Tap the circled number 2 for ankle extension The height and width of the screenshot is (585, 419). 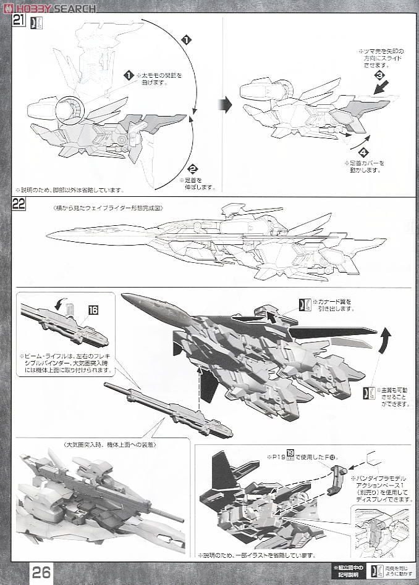(x=192, y=168)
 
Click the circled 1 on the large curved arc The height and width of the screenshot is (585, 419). (x=186, y=41)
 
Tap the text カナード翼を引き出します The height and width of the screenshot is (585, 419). (x=337, y=305)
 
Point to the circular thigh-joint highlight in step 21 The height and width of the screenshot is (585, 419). (x=69, y=111)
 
